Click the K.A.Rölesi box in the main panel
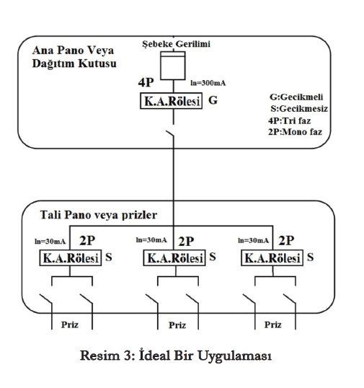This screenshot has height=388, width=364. pyautogui.click(x=171, y=101)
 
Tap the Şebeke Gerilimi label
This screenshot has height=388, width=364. pyautogui.click(x=176, y=44)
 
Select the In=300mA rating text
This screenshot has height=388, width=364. pyautogui.click(x=208, y=83)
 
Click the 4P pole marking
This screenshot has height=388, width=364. pyautogui.click(x=146, y=82)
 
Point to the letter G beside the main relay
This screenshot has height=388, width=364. pyautogui.click(x=213, y=100)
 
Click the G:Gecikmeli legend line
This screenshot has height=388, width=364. pyautogui.click(x=296, y=97)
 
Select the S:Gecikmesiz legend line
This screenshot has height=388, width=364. pyautogui.click(x=299, y=108)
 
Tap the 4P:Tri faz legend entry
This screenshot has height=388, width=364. pyautogui.click(x=289, y=120)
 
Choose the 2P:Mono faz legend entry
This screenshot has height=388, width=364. pyautogui.click(x=295, y=132)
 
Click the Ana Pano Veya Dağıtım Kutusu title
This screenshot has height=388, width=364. pyautogui.click(x=74, y=57)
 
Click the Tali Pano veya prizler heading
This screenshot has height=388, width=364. pyautogui.click(x=99, y=215)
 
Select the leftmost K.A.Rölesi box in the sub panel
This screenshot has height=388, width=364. pyautogui.click(x=71, y=258)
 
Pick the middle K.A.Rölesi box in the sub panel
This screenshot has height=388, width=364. pyautogui.click(x=174, y=258)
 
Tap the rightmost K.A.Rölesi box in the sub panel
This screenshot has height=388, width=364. pyautogui.click(x=272, y=258)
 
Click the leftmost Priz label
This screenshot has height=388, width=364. pyautogui.click(x=70, y=325)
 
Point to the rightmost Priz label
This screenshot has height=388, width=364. pyautogui.click(x=272, y=325)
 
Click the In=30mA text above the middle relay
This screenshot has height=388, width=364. pyautogui.click(x=151, y=239)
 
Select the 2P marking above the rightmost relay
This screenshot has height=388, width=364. pyautogui.click(x=286, y=241)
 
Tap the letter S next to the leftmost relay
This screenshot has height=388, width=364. pyautogui.click(x=109, y=257)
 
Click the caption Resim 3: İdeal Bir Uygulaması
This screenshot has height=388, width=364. pyautogui.click(x=176, y=356)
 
